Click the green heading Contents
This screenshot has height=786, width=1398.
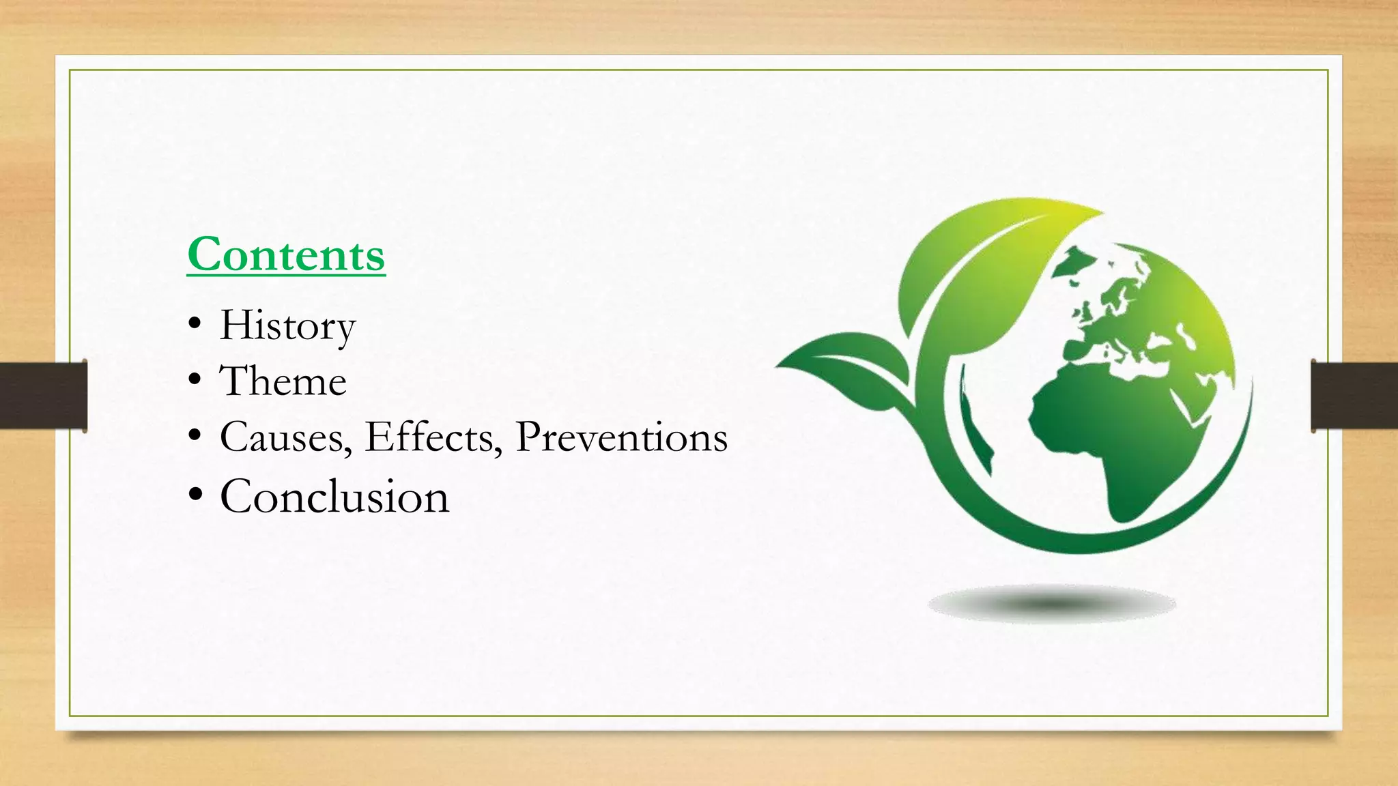click(286, 254)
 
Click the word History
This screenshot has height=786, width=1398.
click(287, 325)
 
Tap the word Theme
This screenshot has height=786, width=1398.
click(283, 381)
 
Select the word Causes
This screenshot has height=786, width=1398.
click(282, 437)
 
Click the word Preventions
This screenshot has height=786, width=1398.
click(621, 437)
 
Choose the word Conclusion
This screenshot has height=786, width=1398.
click(334, 496)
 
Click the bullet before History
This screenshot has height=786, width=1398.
click(195, 325)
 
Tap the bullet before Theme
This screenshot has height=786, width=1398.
click(195, 379)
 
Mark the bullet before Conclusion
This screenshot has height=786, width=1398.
click(195, 495)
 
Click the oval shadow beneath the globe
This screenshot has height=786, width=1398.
click(1051, 604)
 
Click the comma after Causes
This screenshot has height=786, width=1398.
click(349, 450)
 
